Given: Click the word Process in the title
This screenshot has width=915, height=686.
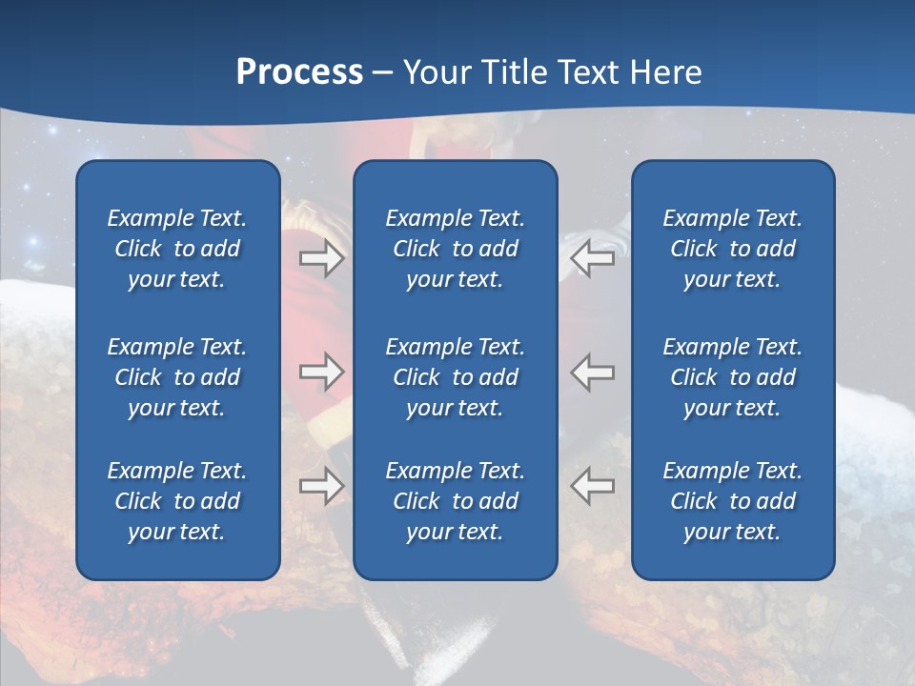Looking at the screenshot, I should pyautogui.click(x=299, y=72).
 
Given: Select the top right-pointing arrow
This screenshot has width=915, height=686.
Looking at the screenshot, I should pyautogui.click(x=321, y=258).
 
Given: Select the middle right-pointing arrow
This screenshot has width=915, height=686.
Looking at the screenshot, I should pyautogui.click(x=321, y=371).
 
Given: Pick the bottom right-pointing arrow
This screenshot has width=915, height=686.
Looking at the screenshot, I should pyautogui.click(x=321, y=485).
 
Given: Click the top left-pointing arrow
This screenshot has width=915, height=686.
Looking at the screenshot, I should pyautogui.click(x=593, y=258).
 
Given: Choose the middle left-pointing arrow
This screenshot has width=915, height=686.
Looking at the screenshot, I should pyautogui.click(x=593, y=371).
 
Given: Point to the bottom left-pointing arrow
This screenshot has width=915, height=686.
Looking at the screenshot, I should pyautogui.click(x=593, y=485).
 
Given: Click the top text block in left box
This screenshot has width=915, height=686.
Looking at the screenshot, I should pyautogui.click(x=177, y=249).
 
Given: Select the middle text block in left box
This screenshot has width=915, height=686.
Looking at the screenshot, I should pyautogui.click(x=177, y=377).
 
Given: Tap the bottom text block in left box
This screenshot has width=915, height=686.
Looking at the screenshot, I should pyautogui.click(x=177, y=501).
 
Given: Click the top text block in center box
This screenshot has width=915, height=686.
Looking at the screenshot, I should pyautogui.click(x=455, y=249).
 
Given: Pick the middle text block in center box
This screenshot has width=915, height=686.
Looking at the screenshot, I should pyautogui.click(x=455, y=377).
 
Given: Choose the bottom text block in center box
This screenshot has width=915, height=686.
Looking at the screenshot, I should pyautogui.click(x=455, y=501).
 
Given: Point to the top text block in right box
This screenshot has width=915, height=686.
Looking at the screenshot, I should pyautogui.click(x=732, y=249).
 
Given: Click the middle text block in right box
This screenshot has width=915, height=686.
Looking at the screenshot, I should pyautogui.click(x=732, y=377).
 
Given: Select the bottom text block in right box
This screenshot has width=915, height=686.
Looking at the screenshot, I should pyautogui.click(x=732, y=501).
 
